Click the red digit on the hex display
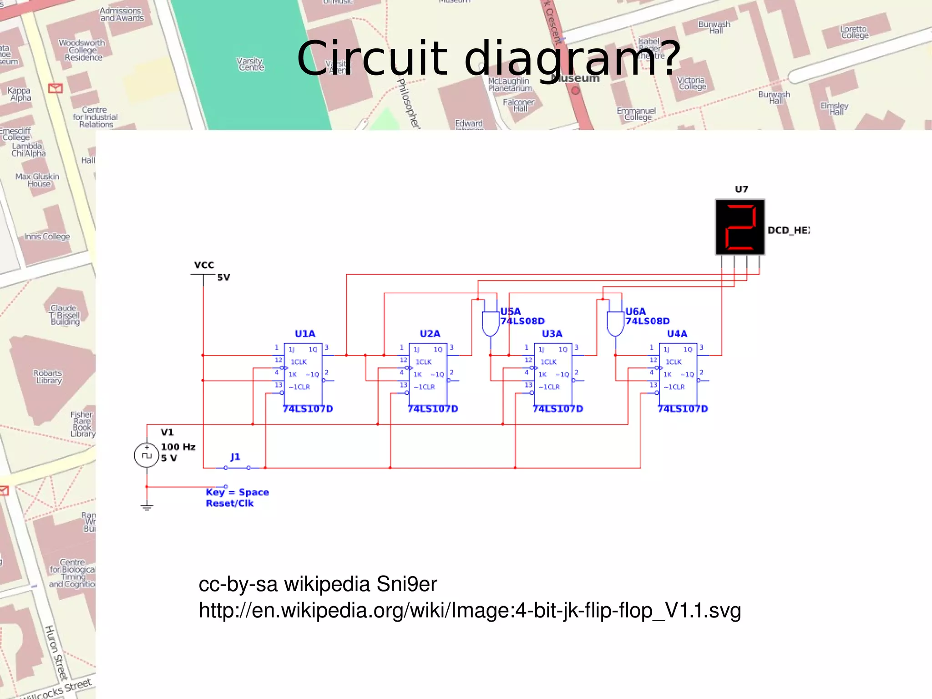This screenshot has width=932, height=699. point(740,227)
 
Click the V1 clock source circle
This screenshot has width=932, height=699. point(147,455)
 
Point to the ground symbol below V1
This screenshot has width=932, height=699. point(147,507)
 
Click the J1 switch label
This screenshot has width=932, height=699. point(235,457)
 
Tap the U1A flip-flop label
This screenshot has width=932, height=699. point(305,334)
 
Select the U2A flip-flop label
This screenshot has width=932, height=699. point(430,334)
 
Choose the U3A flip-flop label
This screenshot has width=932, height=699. point(552,334)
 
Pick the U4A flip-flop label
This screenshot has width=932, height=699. point(677,334)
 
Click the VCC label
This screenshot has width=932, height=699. point(204,265)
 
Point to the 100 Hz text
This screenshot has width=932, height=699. point(178,447)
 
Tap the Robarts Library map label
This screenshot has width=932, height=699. point(48,377)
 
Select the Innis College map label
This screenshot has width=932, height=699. point(47,236)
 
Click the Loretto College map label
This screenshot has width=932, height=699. point(855,32)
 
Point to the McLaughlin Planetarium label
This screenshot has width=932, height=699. point(510,84)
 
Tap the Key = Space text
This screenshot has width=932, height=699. point(237,492)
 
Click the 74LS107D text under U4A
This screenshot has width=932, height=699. point(683,409)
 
